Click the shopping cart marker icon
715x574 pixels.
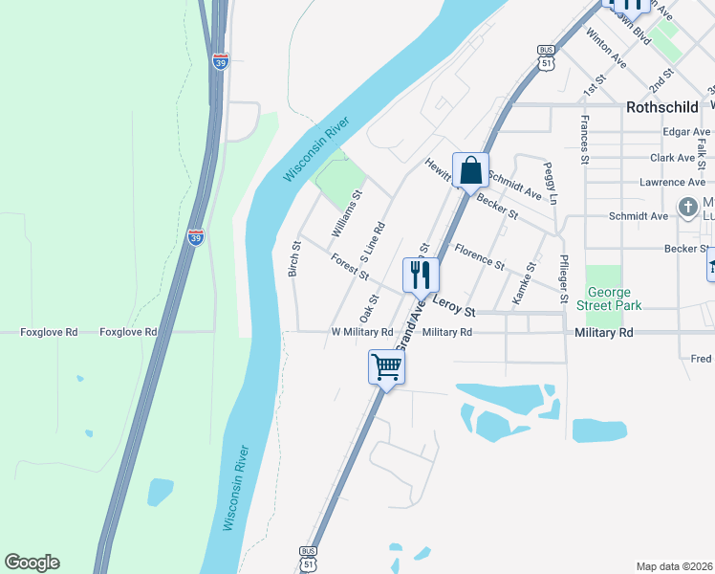pyautogui.click(x=386, y=365)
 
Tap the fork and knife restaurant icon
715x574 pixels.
pyautogui.click(x=421, y=275)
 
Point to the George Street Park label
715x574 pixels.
pyautogui.click(x=615, y=298)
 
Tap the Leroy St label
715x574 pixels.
pyautogui.click(x=454, y=306)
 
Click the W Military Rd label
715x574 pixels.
pyautogui.click(x=362, y=332)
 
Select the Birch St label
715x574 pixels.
pyautogui.click(x=295, y=259)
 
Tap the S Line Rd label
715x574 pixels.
pyautogui.click(x=372, y=243)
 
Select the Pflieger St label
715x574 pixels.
pyautogui.click(x=564, y=280)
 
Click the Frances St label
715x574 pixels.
pyautogui.click(x=583, y=134)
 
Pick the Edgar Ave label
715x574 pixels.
pyautogui.click(x=686, y=132)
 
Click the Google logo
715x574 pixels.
pyautogui.click(x=32, y=563)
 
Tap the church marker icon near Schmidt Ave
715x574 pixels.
pyautogui.click(x=687, y=207)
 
